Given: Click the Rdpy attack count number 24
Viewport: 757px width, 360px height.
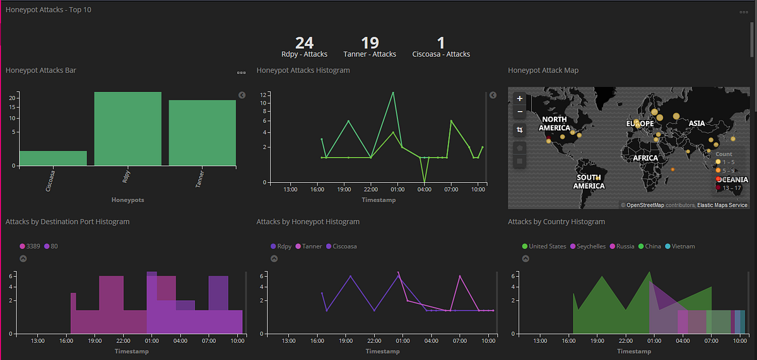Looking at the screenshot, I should tap(304, 43).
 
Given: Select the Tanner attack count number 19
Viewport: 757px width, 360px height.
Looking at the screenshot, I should tap(370, 43).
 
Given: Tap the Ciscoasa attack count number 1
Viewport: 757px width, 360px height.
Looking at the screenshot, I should tap(441, 43).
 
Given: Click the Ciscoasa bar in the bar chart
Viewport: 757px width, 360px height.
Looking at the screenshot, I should tap(53, 158).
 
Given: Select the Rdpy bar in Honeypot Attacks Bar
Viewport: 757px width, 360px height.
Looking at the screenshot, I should tap(127, 129).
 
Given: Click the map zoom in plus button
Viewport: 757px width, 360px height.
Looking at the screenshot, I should tap(519, 98).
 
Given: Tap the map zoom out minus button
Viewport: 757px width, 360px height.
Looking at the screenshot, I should tap(519, 112).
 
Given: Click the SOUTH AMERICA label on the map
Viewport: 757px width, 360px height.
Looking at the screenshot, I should tap(589, 182).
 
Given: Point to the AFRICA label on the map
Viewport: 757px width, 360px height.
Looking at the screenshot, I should tap(645, 158).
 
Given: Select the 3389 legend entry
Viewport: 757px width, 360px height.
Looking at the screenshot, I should tap(30, 246).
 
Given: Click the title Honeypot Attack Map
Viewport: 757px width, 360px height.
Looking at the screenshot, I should tap(543, 71).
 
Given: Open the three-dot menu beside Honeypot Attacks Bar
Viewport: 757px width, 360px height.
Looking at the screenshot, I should tap(241, 73).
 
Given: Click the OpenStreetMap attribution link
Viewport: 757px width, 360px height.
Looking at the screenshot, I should tap(645, 205).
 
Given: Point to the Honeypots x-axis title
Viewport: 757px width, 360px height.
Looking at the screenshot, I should tap(127, 200).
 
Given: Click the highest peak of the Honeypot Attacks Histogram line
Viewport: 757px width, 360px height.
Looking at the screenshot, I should tap(393, 93).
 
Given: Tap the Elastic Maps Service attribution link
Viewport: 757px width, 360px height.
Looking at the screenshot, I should tap(722, 205).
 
